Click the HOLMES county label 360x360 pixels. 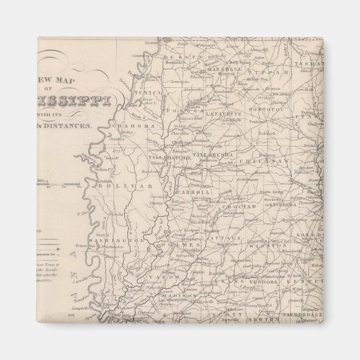coord(184,245)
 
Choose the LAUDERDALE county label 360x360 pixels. coord(305,315)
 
